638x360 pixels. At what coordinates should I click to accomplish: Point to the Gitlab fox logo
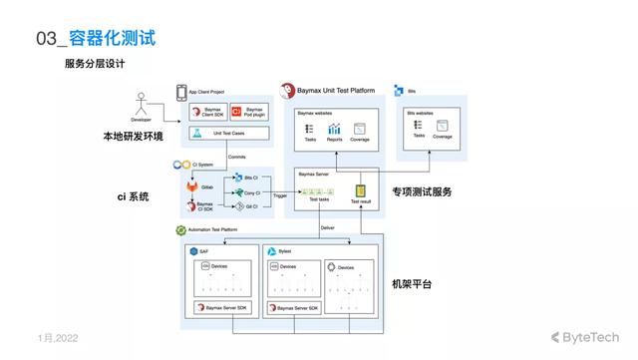coord(191,185)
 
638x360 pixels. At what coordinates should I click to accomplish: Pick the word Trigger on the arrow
coord(279,196)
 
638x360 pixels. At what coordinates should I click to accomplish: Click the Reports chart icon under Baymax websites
coord(335,129)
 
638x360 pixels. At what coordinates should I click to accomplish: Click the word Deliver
coord(327,228)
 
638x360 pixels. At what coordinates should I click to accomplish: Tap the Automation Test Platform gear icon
coord(181,229)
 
